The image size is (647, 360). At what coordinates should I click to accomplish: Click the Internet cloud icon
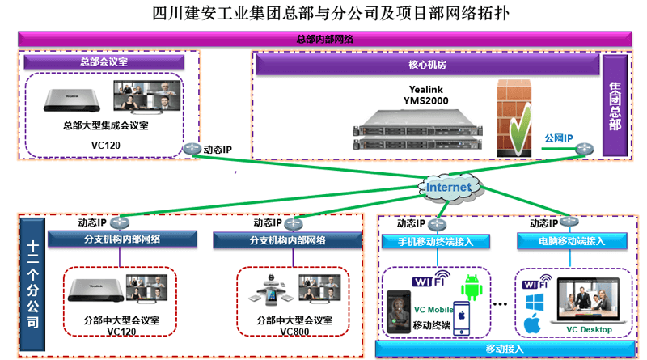447,188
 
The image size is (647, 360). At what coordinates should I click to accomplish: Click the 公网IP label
558,138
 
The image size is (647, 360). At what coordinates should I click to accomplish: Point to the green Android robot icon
472,287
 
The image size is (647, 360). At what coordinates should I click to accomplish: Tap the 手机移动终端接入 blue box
434,241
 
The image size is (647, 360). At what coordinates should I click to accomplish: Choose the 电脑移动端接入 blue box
573,241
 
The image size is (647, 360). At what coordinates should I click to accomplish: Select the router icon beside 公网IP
584,149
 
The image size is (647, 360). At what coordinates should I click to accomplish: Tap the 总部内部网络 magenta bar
323,38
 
